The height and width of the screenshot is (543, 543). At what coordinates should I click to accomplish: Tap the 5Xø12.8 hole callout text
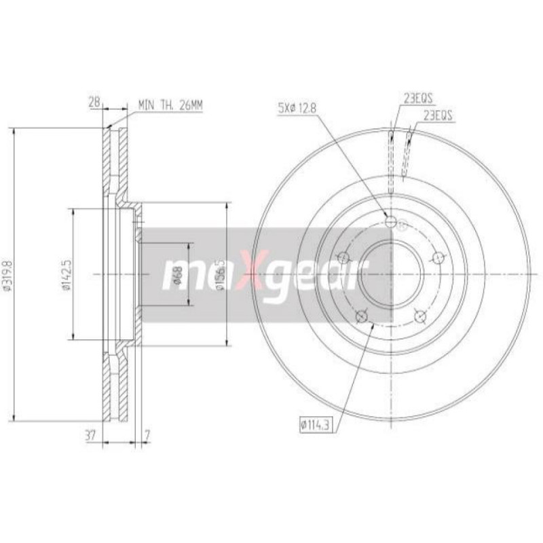[x=297, y=106]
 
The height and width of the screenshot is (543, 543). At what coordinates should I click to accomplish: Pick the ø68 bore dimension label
[x=178, y=275]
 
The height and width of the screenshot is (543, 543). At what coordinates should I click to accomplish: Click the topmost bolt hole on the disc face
[x=390, y=221]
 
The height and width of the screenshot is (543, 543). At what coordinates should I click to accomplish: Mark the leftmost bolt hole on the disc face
[x=342, y=257]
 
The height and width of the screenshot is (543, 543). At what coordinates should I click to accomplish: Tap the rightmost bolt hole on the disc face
[x=438, y=257]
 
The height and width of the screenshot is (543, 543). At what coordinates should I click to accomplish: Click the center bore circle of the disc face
[x=390, y=274]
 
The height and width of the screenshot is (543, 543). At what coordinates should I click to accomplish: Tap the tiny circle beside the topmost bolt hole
[x=402, y=225]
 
